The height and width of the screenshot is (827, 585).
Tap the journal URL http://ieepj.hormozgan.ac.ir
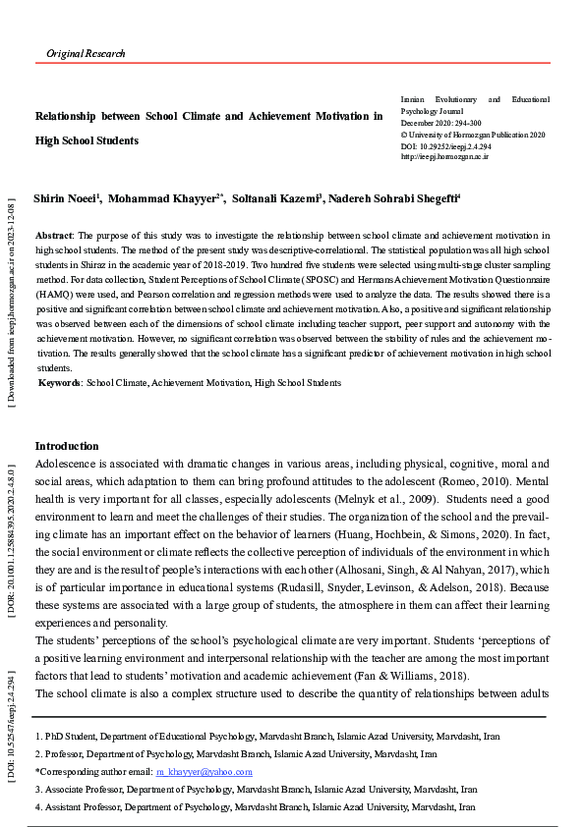[444, 156]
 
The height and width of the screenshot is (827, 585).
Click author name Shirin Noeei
[66, 199]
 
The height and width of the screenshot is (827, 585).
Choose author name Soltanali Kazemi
[274, 199]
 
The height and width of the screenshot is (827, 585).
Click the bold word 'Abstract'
[54, 237]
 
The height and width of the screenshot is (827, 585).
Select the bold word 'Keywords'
[59, 382]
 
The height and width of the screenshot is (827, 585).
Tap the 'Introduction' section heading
[67, 446]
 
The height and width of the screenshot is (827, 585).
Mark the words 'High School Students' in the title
[87, 140]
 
